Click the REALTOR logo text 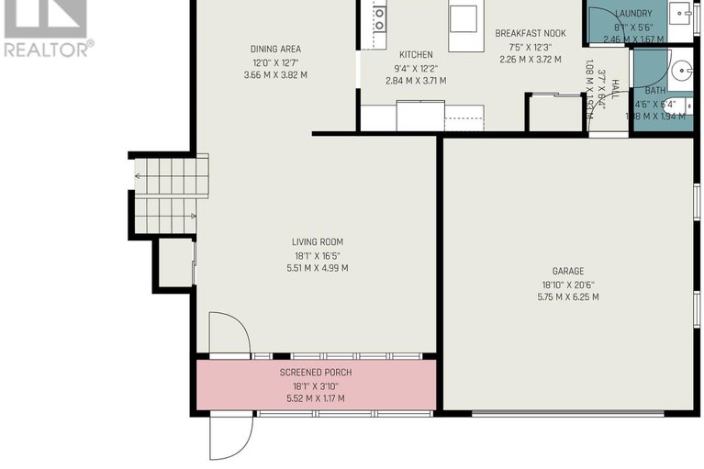point(48,49)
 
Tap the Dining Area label point(275,50)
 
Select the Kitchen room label point(415,54)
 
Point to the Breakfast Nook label point(530,33)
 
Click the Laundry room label point(633,14)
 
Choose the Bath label point(655,91)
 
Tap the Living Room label point(318,242)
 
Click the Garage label point(569,271)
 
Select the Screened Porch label point(315,373)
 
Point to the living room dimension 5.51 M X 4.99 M point(318,268)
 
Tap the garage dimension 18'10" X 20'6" point(569,285)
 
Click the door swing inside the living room point(228,333)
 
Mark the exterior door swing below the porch point(229,436)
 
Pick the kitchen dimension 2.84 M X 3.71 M point(415,81)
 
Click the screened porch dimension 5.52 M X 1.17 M point(315,398)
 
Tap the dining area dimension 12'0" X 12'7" point(275,62)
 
